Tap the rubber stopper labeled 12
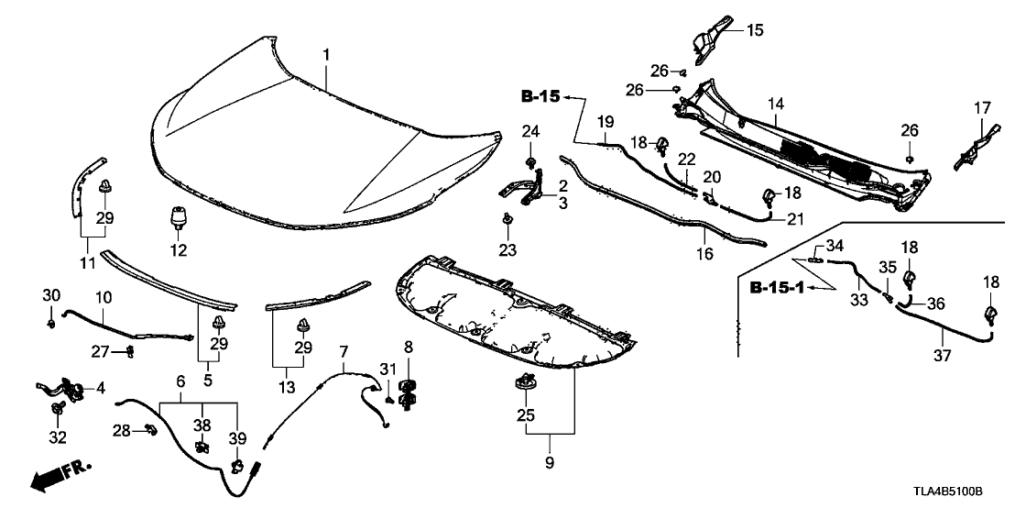point(177,222)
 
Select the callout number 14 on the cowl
point(775,105)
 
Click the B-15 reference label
point(540,95)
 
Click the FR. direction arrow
point(60,475)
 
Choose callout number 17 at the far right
point(981,107)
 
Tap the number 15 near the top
point(754,30)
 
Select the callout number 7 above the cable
point(344,351)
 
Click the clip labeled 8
point(409,391)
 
